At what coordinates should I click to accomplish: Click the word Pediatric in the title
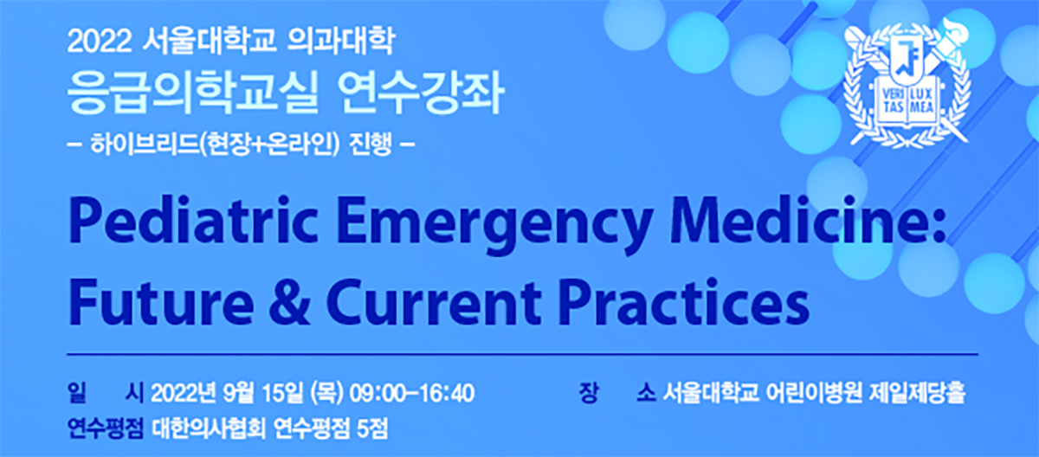click(x=193, y=220)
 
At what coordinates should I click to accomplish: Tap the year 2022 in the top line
click(x=100, y=42)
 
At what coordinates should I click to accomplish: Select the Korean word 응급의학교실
click(x=193, y=94)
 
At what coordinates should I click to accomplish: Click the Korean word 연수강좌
click(x=421, y=94)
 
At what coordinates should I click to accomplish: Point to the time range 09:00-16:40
click(x=411, y=394)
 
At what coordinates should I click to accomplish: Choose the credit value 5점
click(x=372, y=429)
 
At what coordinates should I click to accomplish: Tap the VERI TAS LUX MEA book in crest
click(x=907, y=103)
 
